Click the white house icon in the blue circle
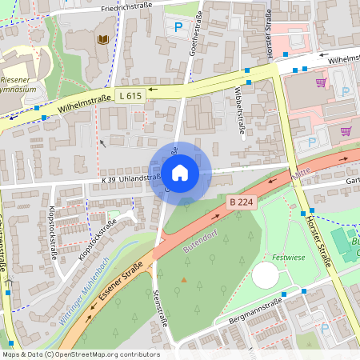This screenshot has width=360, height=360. click(180, 172)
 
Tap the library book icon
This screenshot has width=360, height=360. click(102, 38)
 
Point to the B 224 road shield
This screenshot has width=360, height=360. click(240, 202)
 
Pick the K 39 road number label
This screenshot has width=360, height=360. click(108, 180)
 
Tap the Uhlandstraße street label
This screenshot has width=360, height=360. click(141, 178)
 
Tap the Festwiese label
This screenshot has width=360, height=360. click(289, 258)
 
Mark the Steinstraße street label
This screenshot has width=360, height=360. click(159, 307)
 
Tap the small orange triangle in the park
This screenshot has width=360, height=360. click(184, 280)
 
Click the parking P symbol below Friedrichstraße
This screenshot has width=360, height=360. click(178, 28)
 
